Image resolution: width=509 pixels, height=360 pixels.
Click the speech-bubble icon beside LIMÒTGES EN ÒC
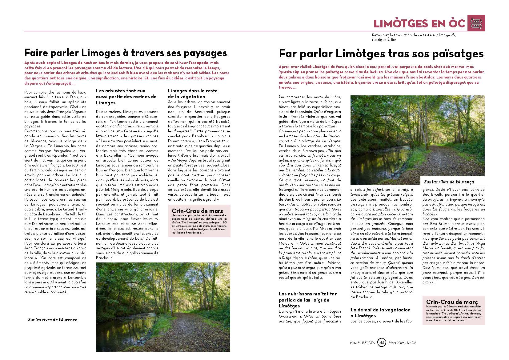[476, 23]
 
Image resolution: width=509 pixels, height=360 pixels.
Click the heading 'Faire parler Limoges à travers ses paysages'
[125, 53]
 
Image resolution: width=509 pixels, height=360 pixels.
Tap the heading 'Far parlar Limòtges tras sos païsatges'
[381, 54]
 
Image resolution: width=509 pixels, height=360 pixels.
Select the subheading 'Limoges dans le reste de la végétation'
[193, 94]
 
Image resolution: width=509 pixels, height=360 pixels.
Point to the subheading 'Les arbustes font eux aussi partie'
[126, 97]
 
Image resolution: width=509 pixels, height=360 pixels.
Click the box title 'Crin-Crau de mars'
[197, 211]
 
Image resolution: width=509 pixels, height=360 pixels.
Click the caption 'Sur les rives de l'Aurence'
[53, 320]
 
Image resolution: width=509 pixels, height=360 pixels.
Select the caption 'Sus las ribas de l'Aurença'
[449, 182]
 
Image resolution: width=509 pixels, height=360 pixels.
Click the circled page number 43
[382, 342]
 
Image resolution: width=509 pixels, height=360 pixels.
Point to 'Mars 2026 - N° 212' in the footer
[402, 343]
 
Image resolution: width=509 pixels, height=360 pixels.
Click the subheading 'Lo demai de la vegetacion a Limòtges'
[380, 313]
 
